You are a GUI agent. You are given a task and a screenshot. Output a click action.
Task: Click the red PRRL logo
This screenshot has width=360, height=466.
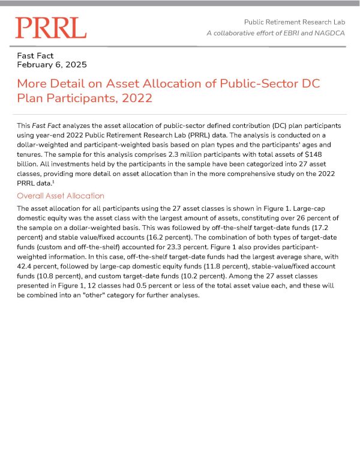(x=50, y=28)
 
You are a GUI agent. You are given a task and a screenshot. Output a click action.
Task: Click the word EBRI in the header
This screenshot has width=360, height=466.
(x=298, y=32)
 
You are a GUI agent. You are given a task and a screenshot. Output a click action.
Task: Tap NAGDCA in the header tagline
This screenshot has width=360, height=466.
(x=330, y=32)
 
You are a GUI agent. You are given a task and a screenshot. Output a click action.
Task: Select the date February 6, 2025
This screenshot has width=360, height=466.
(x=52, y=64)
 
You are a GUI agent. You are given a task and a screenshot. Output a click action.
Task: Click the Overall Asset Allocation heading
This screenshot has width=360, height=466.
(x=61, y=196)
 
